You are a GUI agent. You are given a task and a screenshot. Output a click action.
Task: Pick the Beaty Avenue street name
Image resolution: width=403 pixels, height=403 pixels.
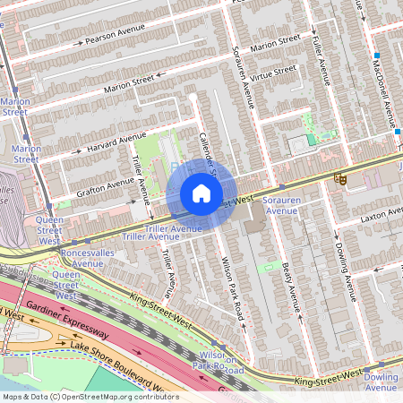point(287,273)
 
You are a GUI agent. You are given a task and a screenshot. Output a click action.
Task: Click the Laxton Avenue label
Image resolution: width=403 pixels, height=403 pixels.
point(380,216)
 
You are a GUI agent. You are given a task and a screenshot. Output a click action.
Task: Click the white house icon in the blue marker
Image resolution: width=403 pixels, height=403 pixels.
point(201,193)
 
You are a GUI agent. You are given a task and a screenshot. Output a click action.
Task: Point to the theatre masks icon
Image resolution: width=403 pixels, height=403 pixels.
point(340,179)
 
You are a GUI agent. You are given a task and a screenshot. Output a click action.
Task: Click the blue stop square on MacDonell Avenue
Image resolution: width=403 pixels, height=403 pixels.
point(397,133)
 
